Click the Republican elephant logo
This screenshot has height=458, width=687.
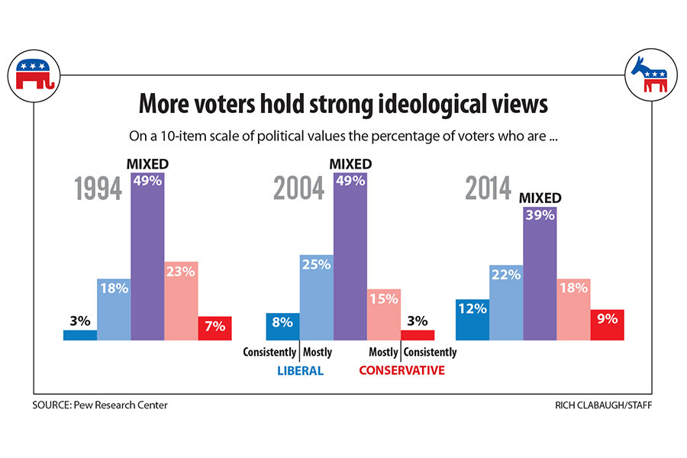[x=34, y=74]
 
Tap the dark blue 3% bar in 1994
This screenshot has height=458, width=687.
[x=80, y=334]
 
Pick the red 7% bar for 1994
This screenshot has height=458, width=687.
[x=214, y=327]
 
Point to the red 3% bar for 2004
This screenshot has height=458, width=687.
[x=417, y=334]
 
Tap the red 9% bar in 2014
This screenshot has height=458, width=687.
[x=608, y=324]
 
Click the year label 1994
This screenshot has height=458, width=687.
[x=98, y=189]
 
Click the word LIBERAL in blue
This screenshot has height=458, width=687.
[x=298, y=371]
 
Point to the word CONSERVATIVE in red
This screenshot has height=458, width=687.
[x=402, y=371]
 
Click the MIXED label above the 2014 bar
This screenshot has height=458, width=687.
[x=540, y=198]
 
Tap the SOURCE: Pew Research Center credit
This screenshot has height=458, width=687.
[x=100, y=405]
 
